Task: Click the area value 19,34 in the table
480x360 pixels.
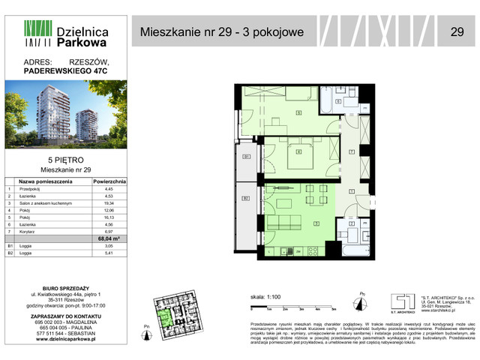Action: (109, 204)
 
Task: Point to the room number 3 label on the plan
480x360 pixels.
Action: (316, 223)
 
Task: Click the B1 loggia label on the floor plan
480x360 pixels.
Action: (246, 157)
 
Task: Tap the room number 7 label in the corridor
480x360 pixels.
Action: (351, 152)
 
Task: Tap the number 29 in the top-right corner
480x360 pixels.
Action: (456, 31)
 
